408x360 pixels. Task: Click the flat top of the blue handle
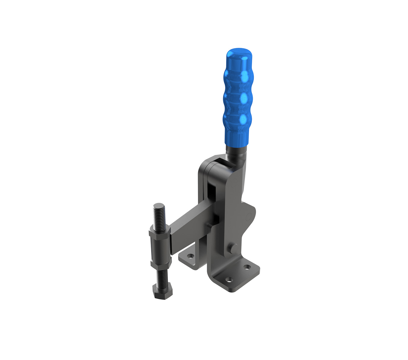[239, 51]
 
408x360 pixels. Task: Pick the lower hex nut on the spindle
[161, 264]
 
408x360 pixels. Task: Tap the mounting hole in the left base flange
[190, 256]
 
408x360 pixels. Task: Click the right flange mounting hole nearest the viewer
[229, 280]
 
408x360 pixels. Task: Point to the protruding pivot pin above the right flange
[233, 249]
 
